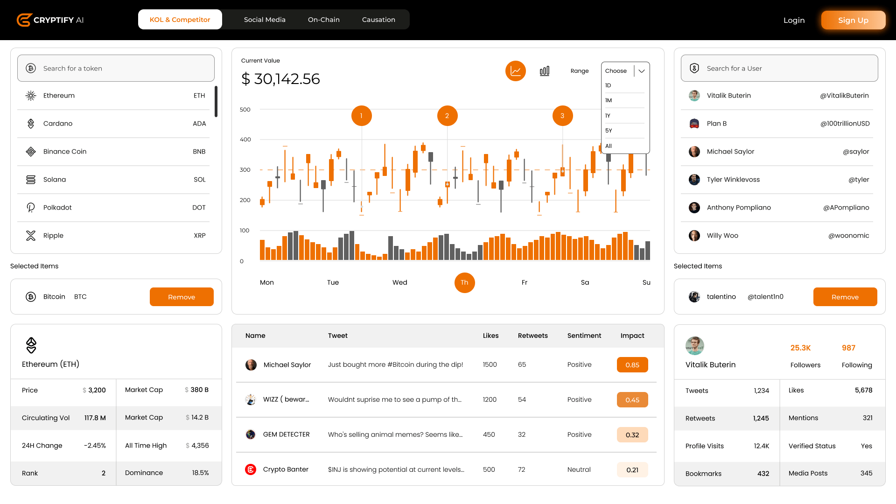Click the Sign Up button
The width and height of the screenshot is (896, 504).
pos(853,20)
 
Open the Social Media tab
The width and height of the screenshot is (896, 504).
pos(265,20)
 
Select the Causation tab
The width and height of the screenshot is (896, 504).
pos(378,20)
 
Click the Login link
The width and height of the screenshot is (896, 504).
pos(794,20)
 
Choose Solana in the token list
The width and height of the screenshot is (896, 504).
pos(55,180)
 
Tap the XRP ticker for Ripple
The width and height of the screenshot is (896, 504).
pos(200,236)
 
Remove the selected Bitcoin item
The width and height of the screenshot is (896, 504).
pos(182,297)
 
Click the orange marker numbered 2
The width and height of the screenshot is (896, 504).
pos(447,116)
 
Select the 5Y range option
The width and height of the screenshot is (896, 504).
pos(609,131)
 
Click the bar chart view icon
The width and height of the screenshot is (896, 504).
pos(545,71)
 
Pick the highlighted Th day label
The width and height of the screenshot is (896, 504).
pos(464,282)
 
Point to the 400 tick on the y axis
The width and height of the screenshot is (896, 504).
pos(245,140)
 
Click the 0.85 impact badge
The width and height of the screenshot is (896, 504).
pos(632,365)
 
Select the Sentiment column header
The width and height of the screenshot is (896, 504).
pos(584,336)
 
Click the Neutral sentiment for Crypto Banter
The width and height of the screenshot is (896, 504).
pos(579,469)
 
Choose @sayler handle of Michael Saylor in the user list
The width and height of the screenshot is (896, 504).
pos(856,152)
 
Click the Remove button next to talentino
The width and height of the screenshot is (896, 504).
pos(845,297)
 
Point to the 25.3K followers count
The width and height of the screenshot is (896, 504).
pos(800,348)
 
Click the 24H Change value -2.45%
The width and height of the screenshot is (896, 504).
pos(95,446)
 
